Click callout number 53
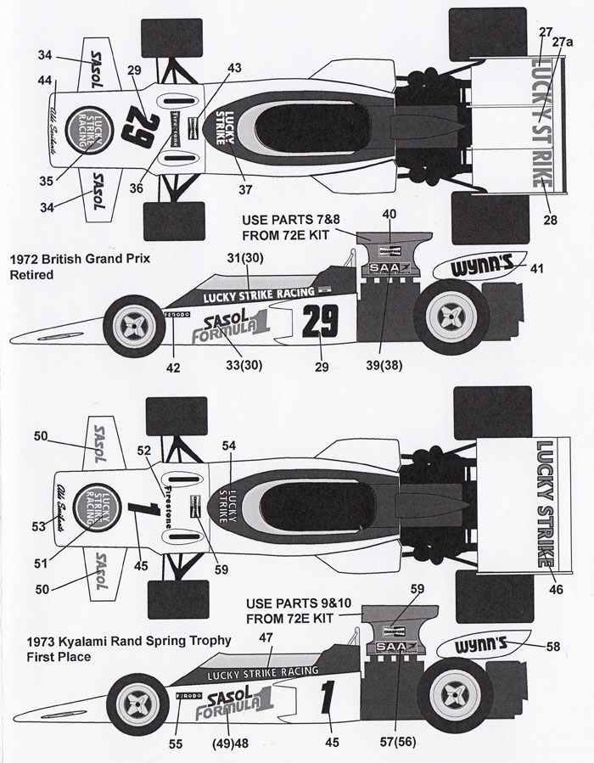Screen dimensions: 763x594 click(39, 527)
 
